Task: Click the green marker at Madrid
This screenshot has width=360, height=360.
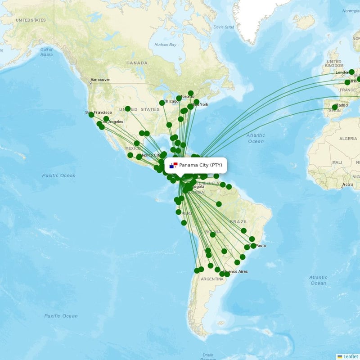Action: (334, 107)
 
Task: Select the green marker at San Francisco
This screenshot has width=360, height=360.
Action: (91, 115)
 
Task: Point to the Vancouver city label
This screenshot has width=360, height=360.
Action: (100, 80)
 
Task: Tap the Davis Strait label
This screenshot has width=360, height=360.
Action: (224, 27)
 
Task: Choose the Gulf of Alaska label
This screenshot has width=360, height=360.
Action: (46, 52)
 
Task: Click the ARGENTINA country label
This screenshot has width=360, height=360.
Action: (212, 279)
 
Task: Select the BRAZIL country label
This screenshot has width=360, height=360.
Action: (238, 222)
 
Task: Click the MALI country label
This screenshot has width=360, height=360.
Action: (337, 162)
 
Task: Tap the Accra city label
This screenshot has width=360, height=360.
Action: (347, 184)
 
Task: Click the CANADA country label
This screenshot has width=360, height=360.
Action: (137, 63)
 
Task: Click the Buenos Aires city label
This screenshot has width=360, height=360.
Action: (235, 271)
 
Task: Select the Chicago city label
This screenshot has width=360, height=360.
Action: (171, 101)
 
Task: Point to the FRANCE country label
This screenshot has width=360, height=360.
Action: (347, 90)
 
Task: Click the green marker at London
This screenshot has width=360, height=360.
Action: (351, 72)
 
